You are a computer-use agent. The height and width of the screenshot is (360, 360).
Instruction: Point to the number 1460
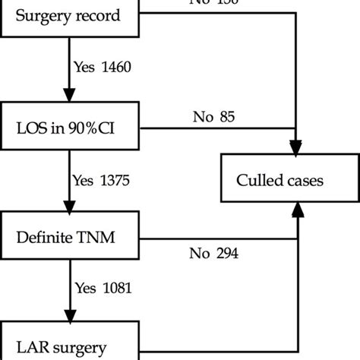(115, 67)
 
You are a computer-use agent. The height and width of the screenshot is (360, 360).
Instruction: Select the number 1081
(115, 288)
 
